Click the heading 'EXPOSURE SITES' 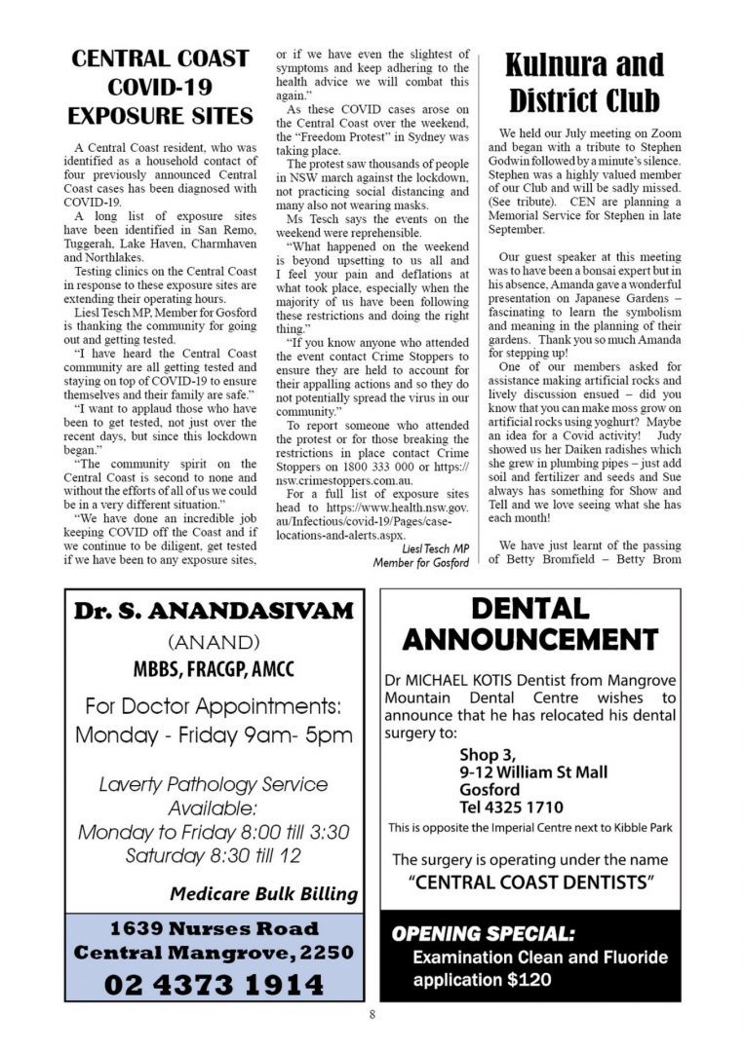[160, 117]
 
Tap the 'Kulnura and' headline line [584, 65]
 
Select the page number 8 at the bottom [372, 1015]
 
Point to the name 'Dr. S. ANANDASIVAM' [214, 612]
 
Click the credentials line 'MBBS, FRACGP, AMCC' [214, 670]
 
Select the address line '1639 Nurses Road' [214, 927]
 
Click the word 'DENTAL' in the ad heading [530, 610]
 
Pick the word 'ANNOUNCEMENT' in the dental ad [530, 640]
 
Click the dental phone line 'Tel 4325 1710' [511, 808]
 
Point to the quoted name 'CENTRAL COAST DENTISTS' [530, 883]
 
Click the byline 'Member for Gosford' [422, 563]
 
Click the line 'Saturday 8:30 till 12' [214, 856]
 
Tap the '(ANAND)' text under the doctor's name [214, 643]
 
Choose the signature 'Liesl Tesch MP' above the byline [435, 548]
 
